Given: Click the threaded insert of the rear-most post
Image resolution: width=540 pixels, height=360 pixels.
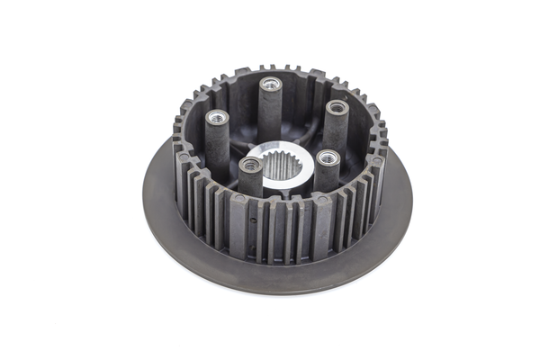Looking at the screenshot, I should [270, 84].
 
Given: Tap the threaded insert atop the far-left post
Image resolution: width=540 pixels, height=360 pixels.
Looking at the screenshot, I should [217, 117].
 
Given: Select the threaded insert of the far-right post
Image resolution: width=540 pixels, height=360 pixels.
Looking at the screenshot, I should [337, 107].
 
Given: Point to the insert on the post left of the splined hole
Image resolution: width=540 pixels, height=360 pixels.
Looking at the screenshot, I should [251, 165].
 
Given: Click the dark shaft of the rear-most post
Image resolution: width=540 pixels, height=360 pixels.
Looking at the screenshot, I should [270, 112].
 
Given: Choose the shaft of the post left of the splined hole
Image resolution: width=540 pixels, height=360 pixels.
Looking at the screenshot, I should [251, 184].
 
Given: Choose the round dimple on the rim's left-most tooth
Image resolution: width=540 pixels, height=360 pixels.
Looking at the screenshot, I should [184, 157].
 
